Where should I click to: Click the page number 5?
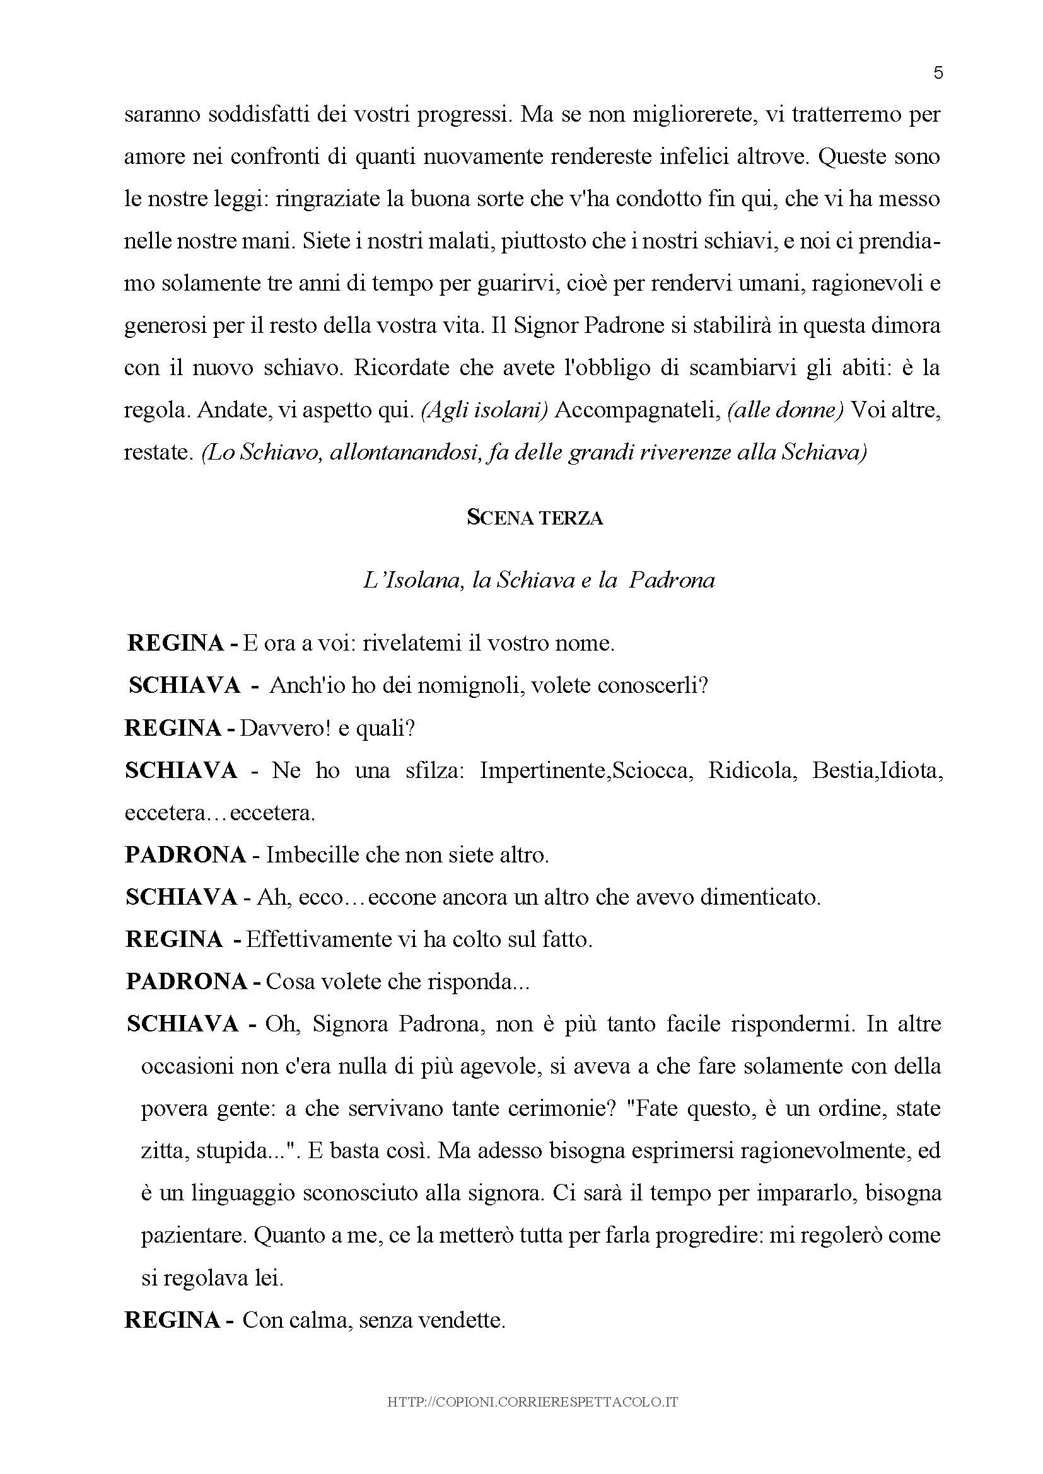(x=938, y=73)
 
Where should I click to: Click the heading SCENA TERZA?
(x=534, y=518)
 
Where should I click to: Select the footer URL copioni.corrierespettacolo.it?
(x=533, y=1403)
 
